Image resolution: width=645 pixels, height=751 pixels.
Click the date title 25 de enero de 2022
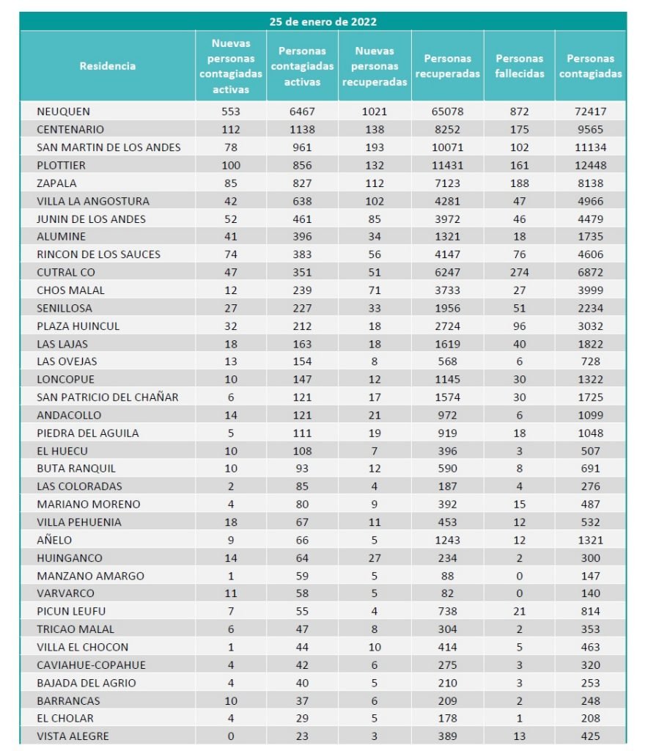(x=322, y=21)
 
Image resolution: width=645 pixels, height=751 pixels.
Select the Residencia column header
(x=108, y=66)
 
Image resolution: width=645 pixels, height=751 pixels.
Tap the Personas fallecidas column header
(x=520, y=66)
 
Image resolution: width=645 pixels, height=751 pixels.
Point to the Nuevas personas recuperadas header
(x=375, y=66)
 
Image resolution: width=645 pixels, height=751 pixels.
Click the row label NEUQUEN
(x=64, y=111)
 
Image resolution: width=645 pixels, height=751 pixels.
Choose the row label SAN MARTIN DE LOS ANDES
(x=108, y=147)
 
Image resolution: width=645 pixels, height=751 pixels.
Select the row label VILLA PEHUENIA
(x=79, y=522)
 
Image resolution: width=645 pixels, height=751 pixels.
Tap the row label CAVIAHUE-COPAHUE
(x=92, y=665)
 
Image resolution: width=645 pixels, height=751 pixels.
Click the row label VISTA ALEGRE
(x=73, y=736)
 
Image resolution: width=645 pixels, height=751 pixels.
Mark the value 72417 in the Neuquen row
(x=590, y=111)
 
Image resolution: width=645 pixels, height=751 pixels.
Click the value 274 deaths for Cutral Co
(x=520, y=272)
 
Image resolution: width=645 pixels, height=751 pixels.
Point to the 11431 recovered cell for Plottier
(x=447, y=165)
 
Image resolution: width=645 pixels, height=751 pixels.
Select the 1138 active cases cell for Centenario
(x=302, y=129)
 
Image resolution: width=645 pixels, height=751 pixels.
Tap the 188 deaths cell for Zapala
(x=520, y=183)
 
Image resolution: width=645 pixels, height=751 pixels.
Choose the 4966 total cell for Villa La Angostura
(x=590, y=201)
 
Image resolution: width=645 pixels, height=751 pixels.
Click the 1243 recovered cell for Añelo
(x=447, y=540)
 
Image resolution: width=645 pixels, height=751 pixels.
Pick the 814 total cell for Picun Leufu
(x=590, y=611)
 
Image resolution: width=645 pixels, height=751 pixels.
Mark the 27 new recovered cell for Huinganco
(x=375, y=557)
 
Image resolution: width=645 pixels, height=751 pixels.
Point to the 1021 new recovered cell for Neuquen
(x=375, y=111)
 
